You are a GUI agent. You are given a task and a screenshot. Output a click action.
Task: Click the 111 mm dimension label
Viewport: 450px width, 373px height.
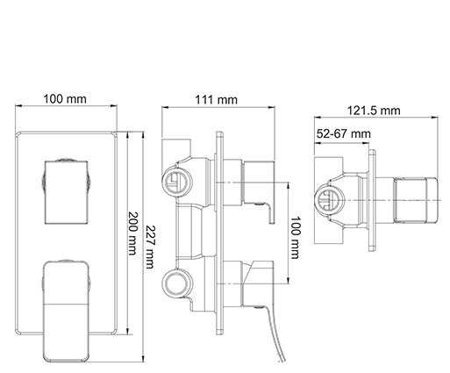click(x=216, y=100)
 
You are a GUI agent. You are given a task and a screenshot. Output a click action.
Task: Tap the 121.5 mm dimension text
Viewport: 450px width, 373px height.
click(x=374, y=111)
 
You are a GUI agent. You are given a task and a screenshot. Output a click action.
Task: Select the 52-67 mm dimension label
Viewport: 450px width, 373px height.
click(x=344, y=133)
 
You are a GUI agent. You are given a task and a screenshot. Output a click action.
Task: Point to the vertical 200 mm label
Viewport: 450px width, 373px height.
click(x=133, y=233)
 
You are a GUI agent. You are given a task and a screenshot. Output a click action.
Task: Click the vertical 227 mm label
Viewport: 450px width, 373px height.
click(x=150, y=247)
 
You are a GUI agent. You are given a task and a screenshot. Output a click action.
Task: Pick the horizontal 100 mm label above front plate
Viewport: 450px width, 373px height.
click(x=65, y=98)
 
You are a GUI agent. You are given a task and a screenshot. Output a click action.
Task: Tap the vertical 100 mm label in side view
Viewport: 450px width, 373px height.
click(x=295, y=238)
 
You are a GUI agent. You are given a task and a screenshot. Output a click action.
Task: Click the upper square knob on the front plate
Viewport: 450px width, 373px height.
click(x=67, y=192)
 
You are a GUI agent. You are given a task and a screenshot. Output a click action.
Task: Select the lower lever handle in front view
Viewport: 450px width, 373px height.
click(x=66, y=311)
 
